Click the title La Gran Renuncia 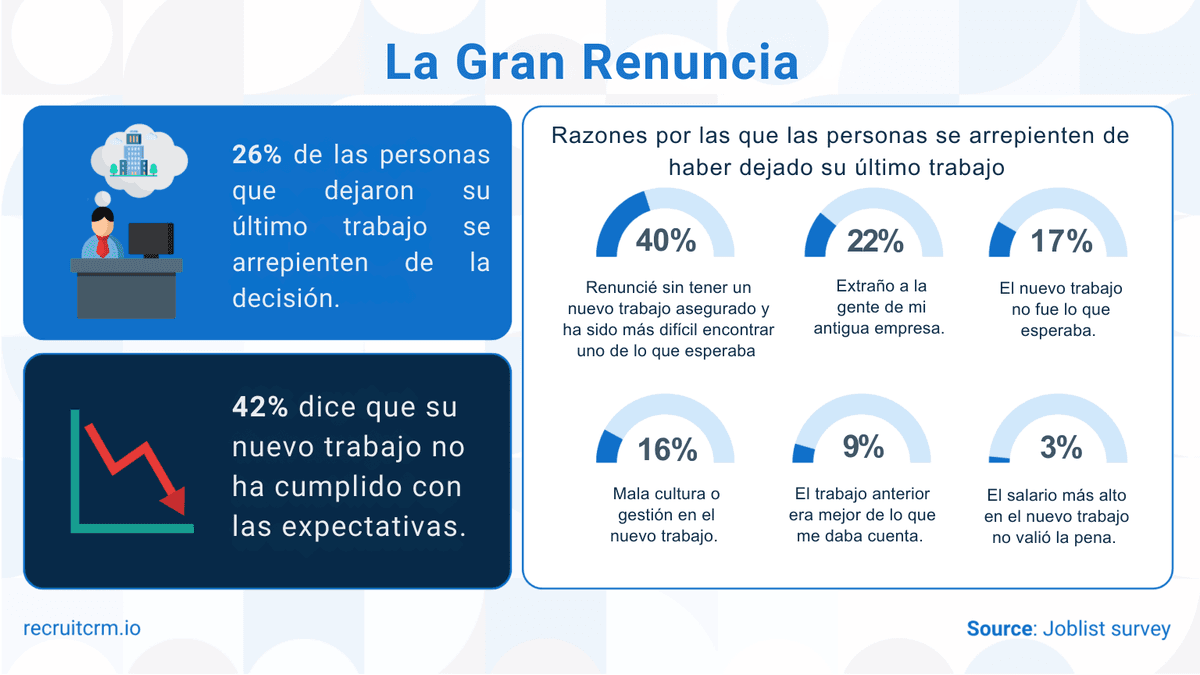[x=592, y=62]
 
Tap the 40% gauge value [x=666, y=241]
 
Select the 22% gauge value [x=875, y=241]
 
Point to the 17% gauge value [x=1061, y=241]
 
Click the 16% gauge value [x=667, y=450]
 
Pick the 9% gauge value [x=863, y=447]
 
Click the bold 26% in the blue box [x=257, y=156]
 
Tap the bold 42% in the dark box [x=260, y=407]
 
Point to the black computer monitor [x=151, y=240]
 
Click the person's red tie [x=102, y=245]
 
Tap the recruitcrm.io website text [x=82, y=628]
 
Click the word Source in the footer [x=999, y=629]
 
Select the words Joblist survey [x=1106, y=629]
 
